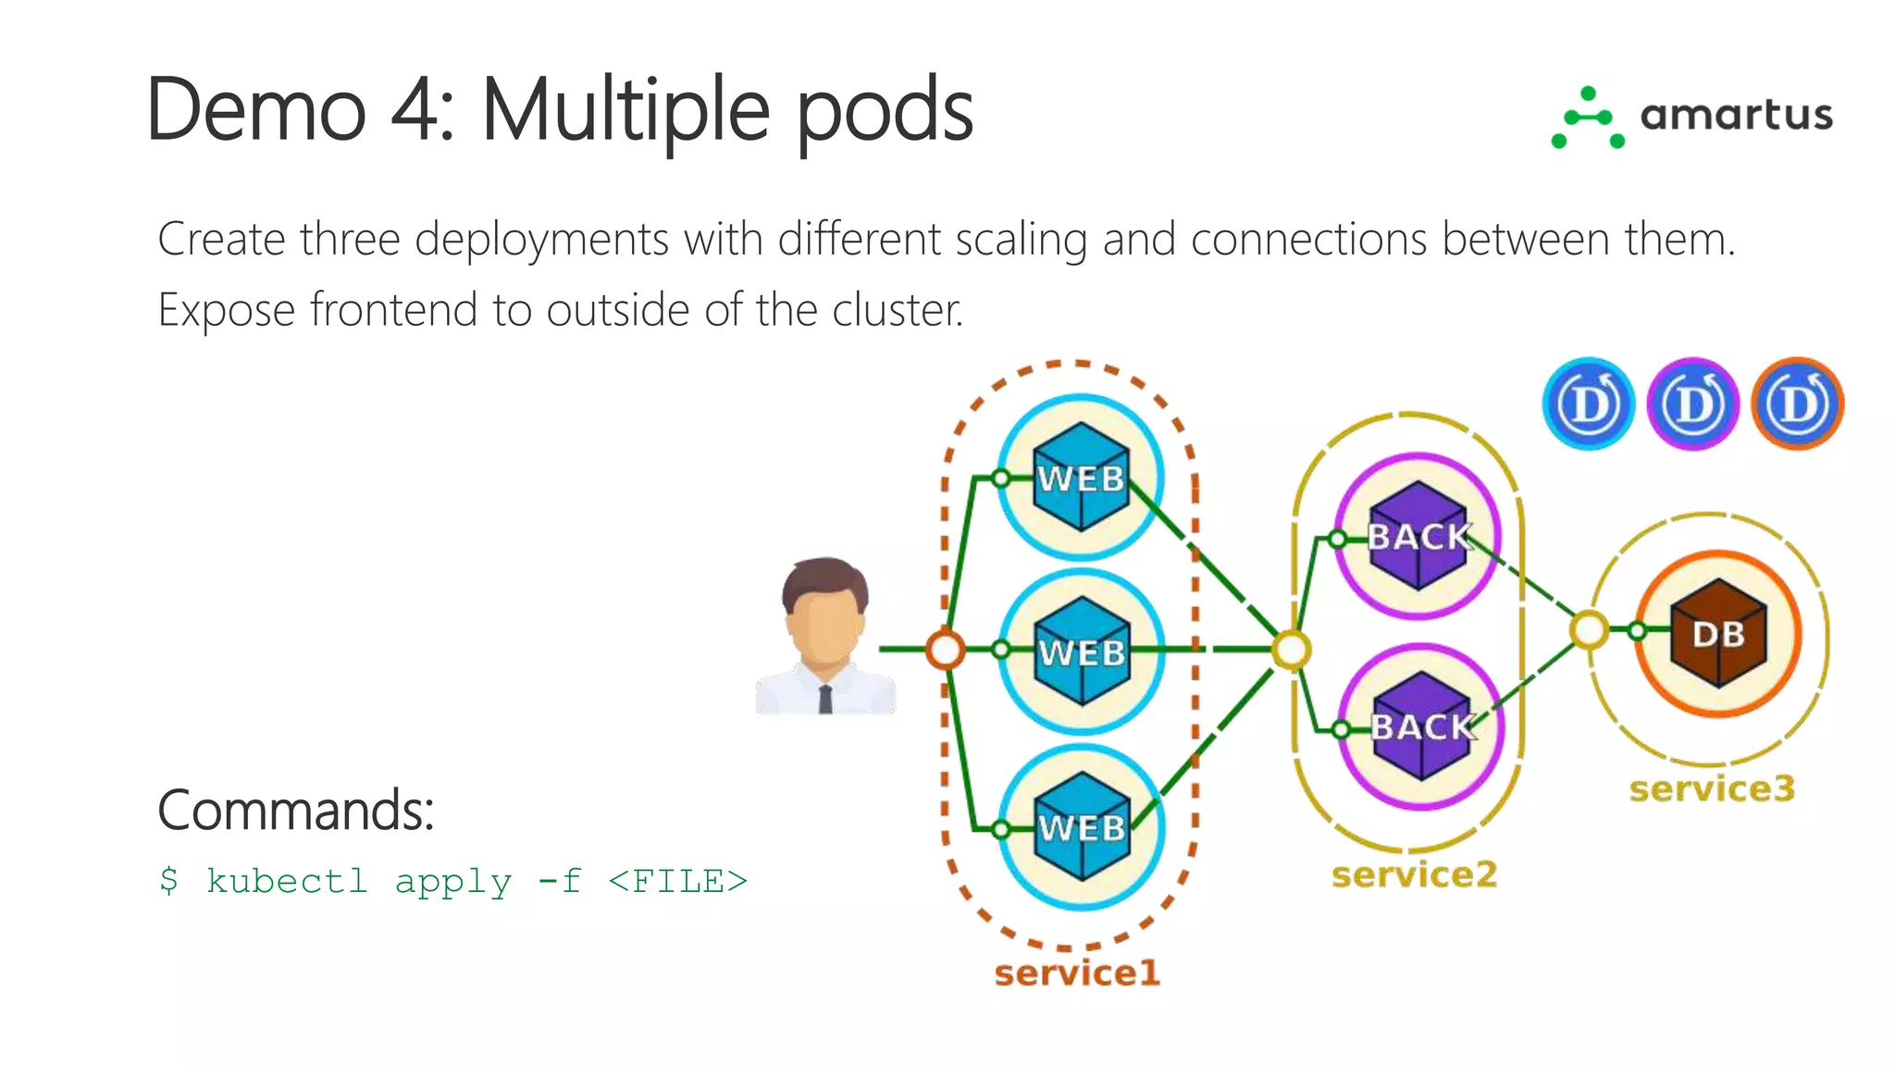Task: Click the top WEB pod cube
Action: click(x=1081, y=477)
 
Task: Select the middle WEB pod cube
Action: click(x=1081, y=651)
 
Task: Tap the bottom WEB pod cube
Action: click(x=1081, y=826)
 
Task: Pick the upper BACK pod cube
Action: click(x=1418, y=536)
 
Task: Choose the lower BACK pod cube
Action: click(x=1421, y=726)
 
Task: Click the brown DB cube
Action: click(x=1718, y=634)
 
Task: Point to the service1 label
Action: click(x=1077, y=973)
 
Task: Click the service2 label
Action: click(x=1414, y=874)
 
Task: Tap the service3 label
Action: click(x=1712, y=788)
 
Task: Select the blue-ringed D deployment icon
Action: click(x=1589, y=404)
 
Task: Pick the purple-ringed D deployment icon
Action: click(x=1693, y=404)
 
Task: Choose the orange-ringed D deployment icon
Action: click(x=1798, y=404)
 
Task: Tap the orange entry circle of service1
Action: click(x=945, y=650)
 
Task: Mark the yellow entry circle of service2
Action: click(x=1291, y=650)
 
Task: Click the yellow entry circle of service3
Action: click(x=1589, y=630)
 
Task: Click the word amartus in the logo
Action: click(x=1736, y=116)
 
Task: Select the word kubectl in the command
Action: click(x=287, y=881)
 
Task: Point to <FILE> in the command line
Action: click(x=677, y=881)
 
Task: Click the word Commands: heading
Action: click(x=296, y=811)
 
